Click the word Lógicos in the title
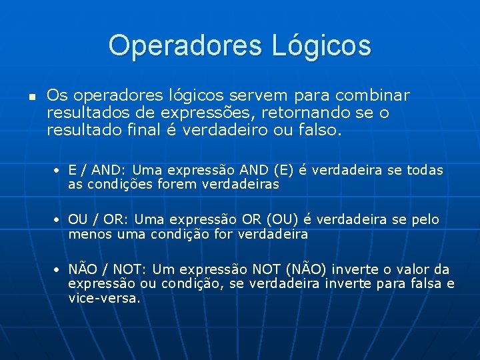pos(321,46)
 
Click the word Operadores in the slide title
pos(185,45)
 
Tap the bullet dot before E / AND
pos(59,171)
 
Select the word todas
pos(425,170)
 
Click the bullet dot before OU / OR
pos(59,220)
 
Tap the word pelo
pos(425,219)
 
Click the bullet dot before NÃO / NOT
pos(59,270)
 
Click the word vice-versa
pos(104,298)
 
